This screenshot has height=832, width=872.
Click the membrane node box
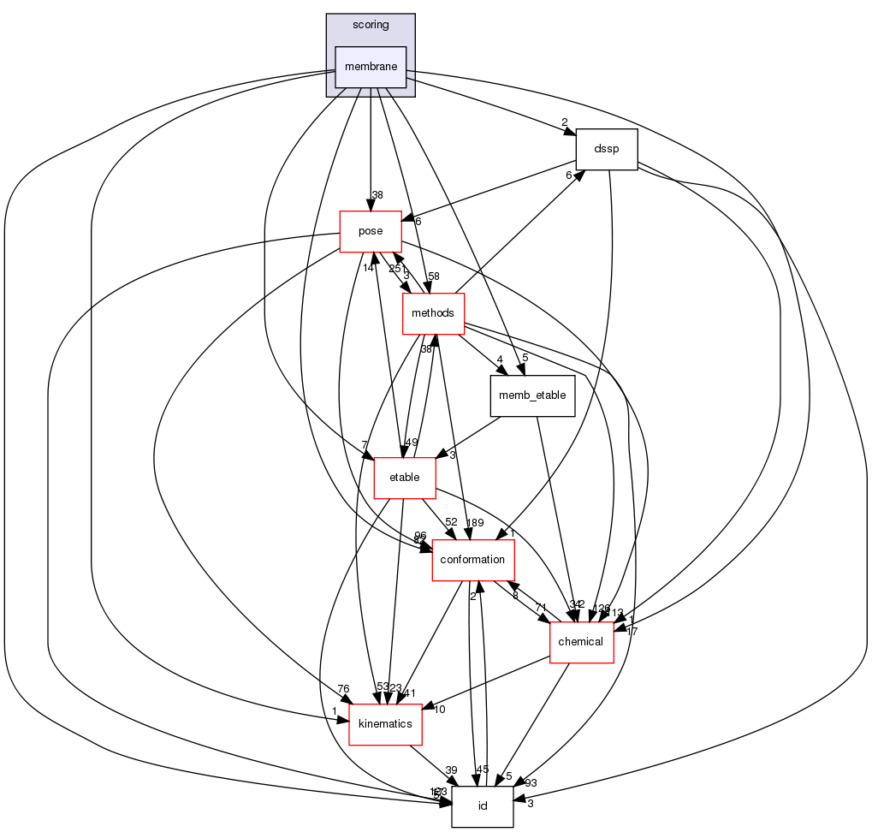pos(370,67)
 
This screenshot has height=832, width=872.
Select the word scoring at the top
pos(370,25)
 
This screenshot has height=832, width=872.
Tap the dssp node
pos(607,150)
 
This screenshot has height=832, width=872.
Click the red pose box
pos(371,232)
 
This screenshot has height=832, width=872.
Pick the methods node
pos(433,313)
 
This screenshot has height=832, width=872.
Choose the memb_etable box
pos(531,396)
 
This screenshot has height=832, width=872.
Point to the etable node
pos(404,477)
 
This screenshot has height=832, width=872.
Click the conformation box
pos(472,560)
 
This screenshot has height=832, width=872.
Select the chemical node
pos(581,642)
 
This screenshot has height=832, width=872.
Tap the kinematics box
pos(385,724)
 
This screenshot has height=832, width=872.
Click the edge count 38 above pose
pos(377,195)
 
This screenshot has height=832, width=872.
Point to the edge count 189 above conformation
pos(475,523)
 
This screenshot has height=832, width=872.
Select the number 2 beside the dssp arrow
pos(565,122)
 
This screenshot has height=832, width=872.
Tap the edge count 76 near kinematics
pos(344,688)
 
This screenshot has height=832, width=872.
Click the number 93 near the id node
pos(531,784)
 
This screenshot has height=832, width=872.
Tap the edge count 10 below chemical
pos(440,710)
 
